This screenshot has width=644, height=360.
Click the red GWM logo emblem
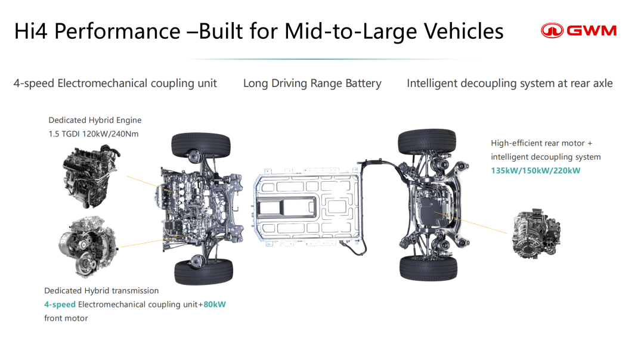pos(552,30)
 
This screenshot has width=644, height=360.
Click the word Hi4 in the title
pos(31,31)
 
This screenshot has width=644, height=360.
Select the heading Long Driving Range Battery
pos(312,83)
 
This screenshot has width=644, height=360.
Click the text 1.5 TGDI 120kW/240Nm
pos(94,134)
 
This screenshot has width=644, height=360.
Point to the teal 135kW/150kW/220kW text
pos(535,170)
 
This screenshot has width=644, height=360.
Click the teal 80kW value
pos(215,304)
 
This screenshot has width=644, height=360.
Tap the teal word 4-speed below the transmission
pos(60,305)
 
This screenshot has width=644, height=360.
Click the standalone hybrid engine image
pos(91,176)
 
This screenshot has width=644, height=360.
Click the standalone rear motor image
pos(536,234)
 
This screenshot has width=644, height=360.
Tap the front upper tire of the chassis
pos(201,145)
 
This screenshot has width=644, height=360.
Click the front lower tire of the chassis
pos(204,272)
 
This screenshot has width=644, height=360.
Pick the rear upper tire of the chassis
pos(427,142)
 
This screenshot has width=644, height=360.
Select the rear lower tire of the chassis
pos(428,268)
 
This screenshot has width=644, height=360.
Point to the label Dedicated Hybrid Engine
pos(95,120)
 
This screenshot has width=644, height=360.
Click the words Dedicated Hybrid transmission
pos(101,291)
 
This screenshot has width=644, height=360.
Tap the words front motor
pos(66,318)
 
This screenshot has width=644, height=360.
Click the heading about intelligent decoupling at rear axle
pos(510,83)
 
